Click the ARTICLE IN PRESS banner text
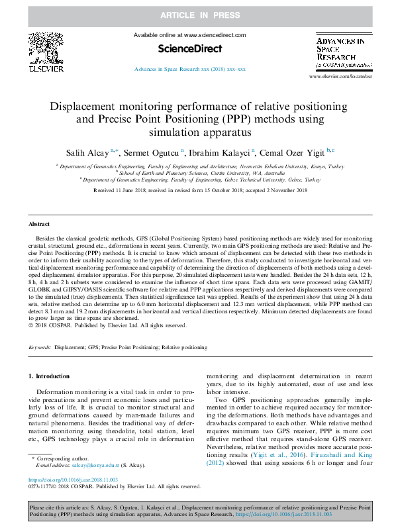click(x=197, y=14)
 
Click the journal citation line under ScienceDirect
click(x=189, y=69)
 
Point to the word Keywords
click(x=40, y=347)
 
